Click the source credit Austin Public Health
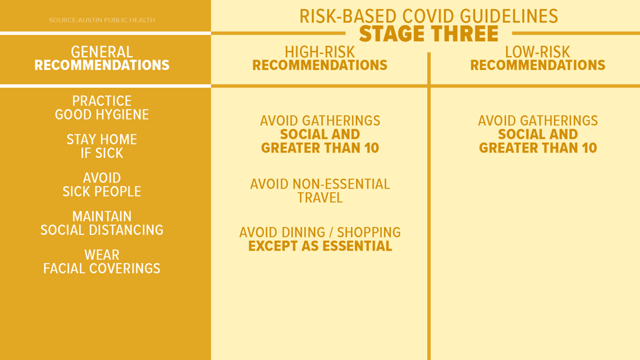(102, 20)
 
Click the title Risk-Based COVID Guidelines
(428, 16)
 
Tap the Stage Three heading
(428, 34)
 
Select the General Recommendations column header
(102, 58)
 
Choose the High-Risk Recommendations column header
(319, 58)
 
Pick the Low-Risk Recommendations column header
(538, 58)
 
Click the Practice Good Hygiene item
(102, 108)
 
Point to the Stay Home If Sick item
(102, 146)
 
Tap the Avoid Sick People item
(102, 184)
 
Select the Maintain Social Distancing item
(102, 223)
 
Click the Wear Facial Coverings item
(102, 261)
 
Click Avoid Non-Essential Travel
(320, 190)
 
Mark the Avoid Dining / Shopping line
(320, 233)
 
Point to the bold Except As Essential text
(320, 246)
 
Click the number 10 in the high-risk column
(372, 148)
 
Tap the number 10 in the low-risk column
(590, 148)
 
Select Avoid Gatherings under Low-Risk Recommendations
(538, 121)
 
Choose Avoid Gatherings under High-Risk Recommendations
(320, 121)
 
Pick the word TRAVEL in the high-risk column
(320, 198)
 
